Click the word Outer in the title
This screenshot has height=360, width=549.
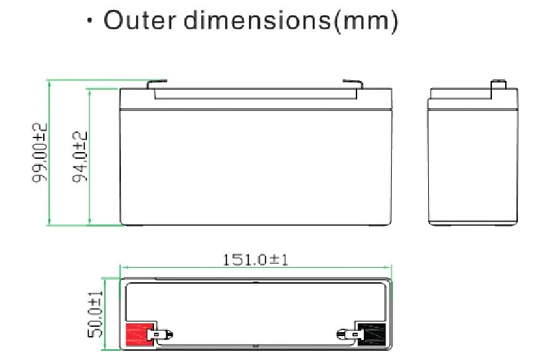pyautogui.click(x=139, y=21)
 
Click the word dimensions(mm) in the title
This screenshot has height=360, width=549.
pyautogui.click(x=291, y=22)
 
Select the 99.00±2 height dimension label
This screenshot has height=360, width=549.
pyautogui.click(x=41, y=153)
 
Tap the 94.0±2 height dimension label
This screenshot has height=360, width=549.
pyautogui.click(x=80, y=157)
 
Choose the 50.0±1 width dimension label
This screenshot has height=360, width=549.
pyautogui.click(x=97, y=314)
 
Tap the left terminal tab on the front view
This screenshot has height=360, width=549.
pyautogui.click(x=157, y=84)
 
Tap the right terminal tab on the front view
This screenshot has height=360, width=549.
pyautogui.click(x=353, y=84)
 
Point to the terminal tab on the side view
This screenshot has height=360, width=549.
pyautogui.click(x=499, y=85)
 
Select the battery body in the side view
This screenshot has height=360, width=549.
pyautogui.click(x=473, y=166)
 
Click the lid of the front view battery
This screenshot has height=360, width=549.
pyautogui.click(x=255, y=99)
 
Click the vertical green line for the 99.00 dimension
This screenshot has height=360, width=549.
pyautogui.click(x=49, y=153)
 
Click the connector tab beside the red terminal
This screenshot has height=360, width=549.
pyautogui.click(x=161, y=335)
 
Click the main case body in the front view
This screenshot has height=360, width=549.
pyautogui.click(x=255, y=166)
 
